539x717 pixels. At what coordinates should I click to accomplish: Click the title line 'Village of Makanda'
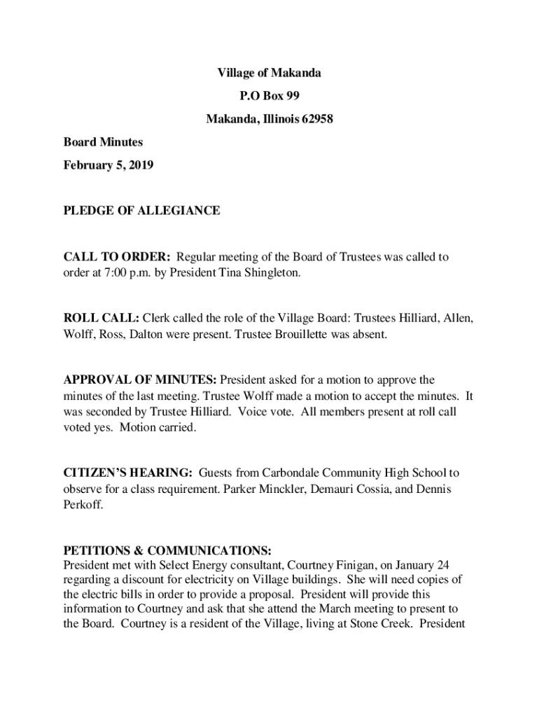[x=269, y=73]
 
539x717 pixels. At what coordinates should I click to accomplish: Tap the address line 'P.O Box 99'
[x=269, y=96]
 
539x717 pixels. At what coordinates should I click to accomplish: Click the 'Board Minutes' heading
[x=103, y=142]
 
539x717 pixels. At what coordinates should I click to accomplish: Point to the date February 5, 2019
[x=108, y=165]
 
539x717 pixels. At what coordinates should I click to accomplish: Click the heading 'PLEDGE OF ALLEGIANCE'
[x=141, y=210]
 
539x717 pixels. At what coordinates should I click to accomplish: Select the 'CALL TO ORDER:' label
[x=115, y=257]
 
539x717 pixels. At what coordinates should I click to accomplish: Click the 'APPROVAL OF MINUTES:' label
[x=140, y=380]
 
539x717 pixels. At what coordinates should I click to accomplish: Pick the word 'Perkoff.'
[x=83, y=504]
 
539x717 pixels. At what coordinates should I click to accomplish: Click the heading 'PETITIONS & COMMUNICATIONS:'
[x=167, y=550]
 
